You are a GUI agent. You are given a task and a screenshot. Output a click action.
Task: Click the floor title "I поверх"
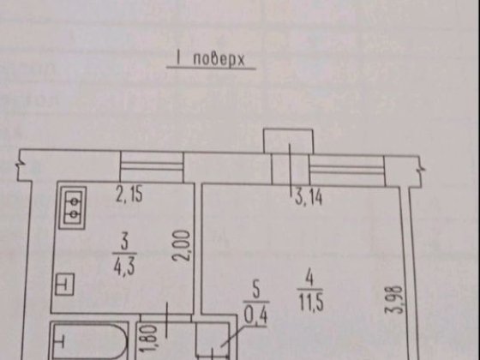(x=211, y=59)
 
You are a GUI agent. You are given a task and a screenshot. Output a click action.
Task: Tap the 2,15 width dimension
(x=129, y=195)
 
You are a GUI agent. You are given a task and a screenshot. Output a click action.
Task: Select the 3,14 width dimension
(x=309, y=197)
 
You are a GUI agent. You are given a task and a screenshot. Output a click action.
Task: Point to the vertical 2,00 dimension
(x=181, y=246)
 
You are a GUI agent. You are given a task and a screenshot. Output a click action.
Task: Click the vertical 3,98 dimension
(x=394, y=300)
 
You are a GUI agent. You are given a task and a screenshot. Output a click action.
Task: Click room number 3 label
(x=124, y=243)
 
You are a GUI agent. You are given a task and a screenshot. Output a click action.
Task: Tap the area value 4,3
(x=124, y=266)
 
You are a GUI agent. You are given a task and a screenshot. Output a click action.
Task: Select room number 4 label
(x=309, y=279)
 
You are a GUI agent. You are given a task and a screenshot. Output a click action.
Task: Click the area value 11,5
(x=310, y=302)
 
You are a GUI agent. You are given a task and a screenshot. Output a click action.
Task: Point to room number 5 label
(x=256, y=291)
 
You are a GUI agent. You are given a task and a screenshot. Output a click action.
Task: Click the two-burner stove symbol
(x=73, y=207)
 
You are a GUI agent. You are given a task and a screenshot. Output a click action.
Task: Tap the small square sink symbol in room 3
(x=64, y=285)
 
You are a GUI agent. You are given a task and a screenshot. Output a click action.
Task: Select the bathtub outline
(x=89, y=340)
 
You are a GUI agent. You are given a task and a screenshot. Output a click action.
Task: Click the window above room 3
(x=152, y=166)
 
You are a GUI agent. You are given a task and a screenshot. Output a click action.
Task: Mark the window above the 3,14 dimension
(x=346, y=171)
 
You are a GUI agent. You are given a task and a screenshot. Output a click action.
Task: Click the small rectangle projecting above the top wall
(x=288, y=141)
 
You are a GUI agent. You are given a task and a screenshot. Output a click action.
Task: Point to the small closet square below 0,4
(x=213, y=340)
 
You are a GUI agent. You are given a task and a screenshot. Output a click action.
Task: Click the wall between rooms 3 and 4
(x=198, y=249)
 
